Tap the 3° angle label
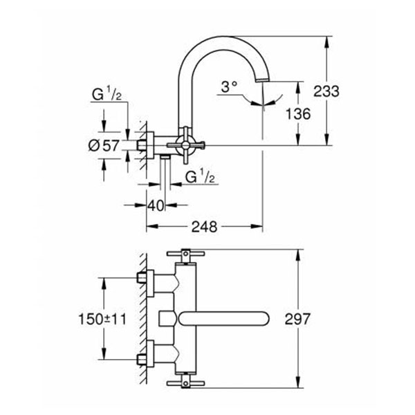click(229, 87)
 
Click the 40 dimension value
click(157, 205)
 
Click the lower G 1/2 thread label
click(202, 178)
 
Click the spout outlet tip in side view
click(263, 84)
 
